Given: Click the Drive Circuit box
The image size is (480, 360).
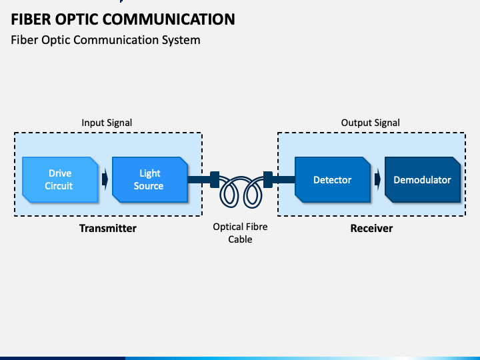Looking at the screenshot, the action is (60, 180).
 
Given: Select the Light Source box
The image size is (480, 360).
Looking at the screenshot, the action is (150, 180).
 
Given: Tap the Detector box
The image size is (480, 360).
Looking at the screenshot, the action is (333, 180).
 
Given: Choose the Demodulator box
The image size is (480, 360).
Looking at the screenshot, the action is (423, 180).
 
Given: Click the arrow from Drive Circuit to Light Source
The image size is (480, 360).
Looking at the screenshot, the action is (105, 179).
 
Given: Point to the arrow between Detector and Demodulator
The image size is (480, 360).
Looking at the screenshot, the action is (377, 179).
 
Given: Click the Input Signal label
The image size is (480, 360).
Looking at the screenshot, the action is (107, 123).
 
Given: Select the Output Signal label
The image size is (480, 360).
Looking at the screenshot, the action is (371, 123).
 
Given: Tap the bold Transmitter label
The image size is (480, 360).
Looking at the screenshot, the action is (108, 229).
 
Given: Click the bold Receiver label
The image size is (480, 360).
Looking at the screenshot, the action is (371, 229).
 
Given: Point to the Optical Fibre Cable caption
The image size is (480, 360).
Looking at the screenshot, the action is (240, 233).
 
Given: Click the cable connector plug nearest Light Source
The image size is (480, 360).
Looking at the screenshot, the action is (215, 179).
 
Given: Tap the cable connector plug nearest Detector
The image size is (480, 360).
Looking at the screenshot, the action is (268, 179).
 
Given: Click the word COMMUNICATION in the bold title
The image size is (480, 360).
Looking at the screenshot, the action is (169, 19).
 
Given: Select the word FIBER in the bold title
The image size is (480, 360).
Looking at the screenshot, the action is (31, 19).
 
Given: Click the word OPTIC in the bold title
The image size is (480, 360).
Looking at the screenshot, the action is (77, 19).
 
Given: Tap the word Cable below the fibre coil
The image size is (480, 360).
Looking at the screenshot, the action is (240, 239).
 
